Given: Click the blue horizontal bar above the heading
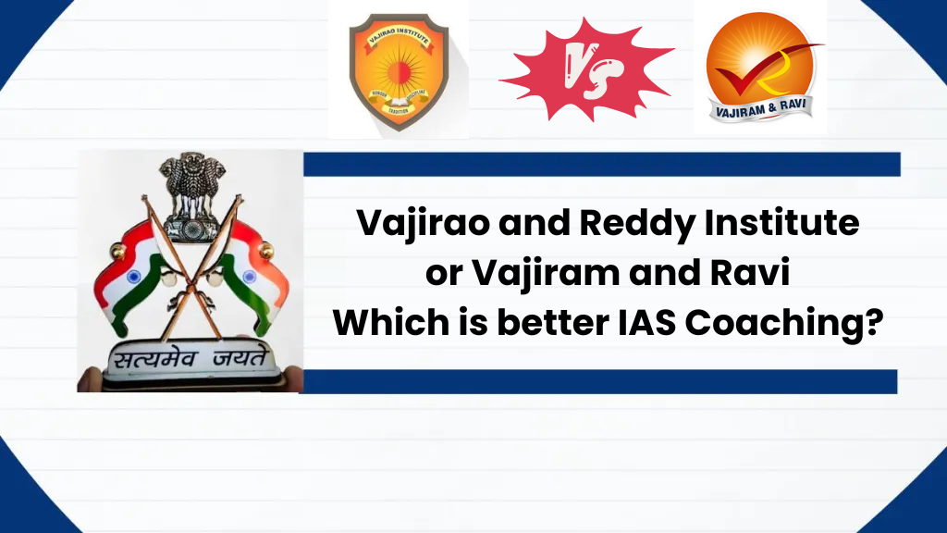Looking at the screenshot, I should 601,165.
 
